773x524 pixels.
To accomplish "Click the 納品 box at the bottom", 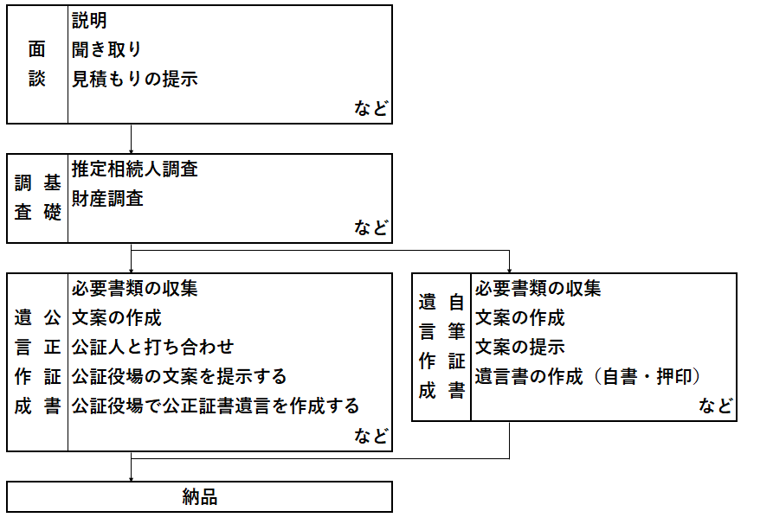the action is (x=199, y=497).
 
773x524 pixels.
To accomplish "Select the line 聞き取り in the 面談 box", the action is (x=106, y=49).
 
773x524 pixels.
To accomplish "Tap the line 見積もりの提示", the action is (x=134, y=79).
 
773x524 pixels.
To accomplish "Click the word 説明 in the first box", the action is (x=89, y=20).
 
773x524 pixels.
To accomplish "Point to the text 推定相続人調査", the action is (x=134, y=169).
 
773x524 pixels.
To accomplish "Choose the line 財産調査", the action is (x=107, y=199).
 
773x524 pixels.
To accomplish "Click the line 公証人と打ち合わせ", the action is (x=153, y=348).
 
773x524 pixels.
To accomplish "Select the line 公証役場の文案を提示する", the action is (x=179, y=377).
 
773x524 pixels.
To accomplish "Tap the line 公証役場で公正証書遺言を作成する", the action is (x=216, y=406).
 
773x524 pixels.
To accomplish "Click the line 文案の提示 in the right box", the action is (x=519, y=348).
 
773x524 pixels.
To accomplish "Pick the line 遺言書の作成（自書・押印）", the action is (x=588, y=377).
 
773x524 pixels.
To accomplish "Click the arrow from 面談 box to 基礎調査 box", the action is (x=131, y=139).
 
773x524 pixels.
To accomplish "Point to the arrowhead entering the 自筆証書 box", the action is (x=509, y=271).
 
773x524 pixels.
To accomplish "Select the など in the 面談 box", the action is (x=371, y=108).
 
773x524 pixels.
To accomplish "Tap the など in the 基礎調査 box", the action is (x=371, y=227).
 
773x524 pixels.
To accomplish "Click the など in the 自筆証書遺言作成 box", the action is (x=715, y=406).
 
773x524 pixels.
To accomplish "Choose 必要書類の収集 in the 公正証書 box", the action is (x=134, y=289).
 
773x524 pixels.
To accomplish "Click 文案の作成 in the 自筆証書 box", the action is (x=519, y=318).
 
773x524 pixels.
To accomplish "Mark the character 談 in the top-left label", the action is (x=37, y=79).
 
